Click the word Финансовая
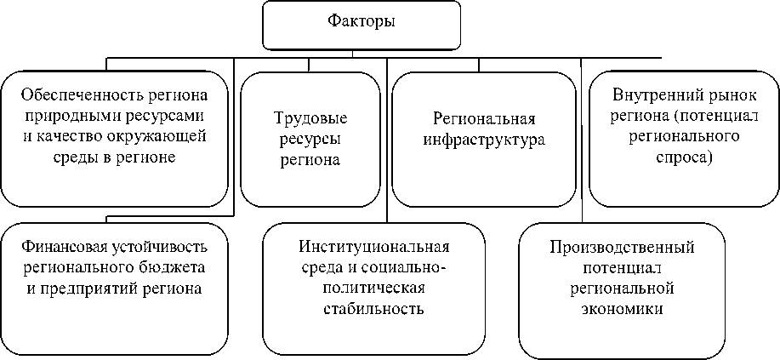tap(60, 248)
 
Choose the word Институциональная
tap(373, 248)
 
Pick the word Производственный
tap(622, 248)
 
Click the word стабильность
tap(373, 308)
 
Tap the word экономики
tap(622, 308)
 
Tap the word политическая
tap(373, 288)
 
